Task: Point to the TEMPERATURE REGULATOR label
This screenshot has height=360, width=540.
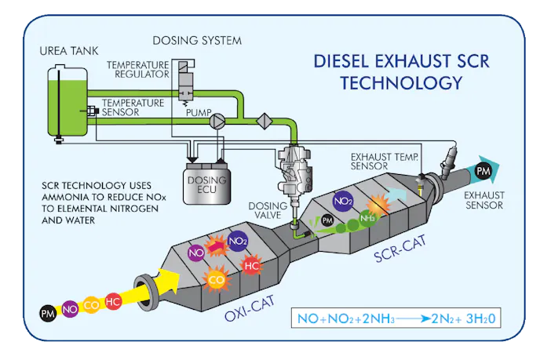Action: (x=137, y=69)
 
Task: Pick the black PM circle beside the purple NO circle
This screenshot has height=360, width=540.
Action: (x=49, y=315)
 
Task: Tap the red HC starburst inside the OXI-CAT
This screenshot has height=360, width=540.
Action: (x=252, y=265)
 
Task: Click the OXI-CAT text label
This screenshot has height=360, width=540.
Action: (x=246, y=315)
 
